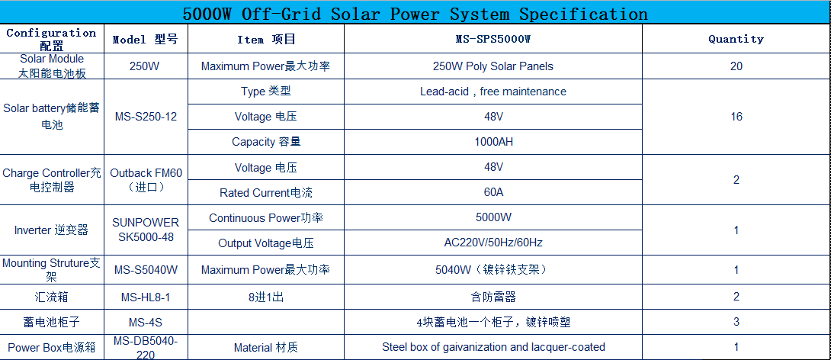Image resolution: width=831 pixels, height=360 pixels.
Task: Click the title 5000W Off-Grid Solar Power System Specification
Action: point(415,13)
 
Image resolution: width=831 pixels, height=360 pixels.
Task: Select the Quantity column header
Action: point(736,39)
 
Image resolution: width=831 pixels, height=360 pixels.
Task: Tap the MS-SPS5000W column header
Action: point(493,39)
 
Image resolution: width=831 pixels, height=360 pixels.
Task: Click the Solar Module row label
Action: point(52,66)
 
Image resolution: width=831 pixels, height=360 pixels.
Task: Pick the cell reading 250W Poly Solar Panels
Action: point(493,66)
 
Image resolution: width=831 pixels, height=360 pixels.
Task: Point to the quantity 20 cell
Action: point(736,66)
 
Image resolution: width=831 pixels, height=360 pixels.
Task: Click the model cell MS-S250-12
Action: point(146,117)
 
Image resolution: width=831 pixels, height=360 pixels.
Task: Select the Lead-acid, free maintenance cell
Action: point(493,92)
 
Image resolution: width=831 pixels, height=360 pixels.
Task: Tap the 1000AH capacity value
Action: point(493,142)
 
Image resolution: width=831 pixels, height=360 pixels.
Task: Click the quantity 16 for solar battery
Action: point(736,117)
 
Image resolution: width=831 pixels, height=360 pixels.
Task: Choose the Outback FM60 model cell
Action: point(146,180)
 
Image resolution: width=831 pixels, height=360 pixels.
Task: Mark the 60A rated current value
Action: point(493,192)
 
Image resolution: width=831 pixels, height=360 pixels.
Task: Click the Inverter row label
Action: point(51,230)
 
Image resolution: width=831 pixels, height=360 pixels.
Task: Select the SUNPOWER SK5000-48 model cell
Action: point(146,230)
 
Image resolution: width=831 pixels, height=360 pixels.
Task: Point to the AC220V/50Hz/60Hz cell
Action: point(493,243)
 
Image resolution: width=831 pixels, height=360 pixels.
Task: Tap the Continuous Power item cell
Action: point(266,218)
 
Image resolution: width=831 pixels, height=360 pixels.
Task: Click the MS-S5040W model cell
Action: point(146,270)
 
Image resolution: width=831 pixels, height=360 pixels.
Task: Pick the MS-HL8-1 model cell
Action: point(146,297)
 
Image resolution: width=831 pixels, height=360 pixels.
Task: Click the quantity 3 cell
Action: point(736,322)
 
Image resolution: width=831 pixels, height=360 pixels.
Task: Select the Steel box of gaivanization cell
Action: point(493,347)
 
